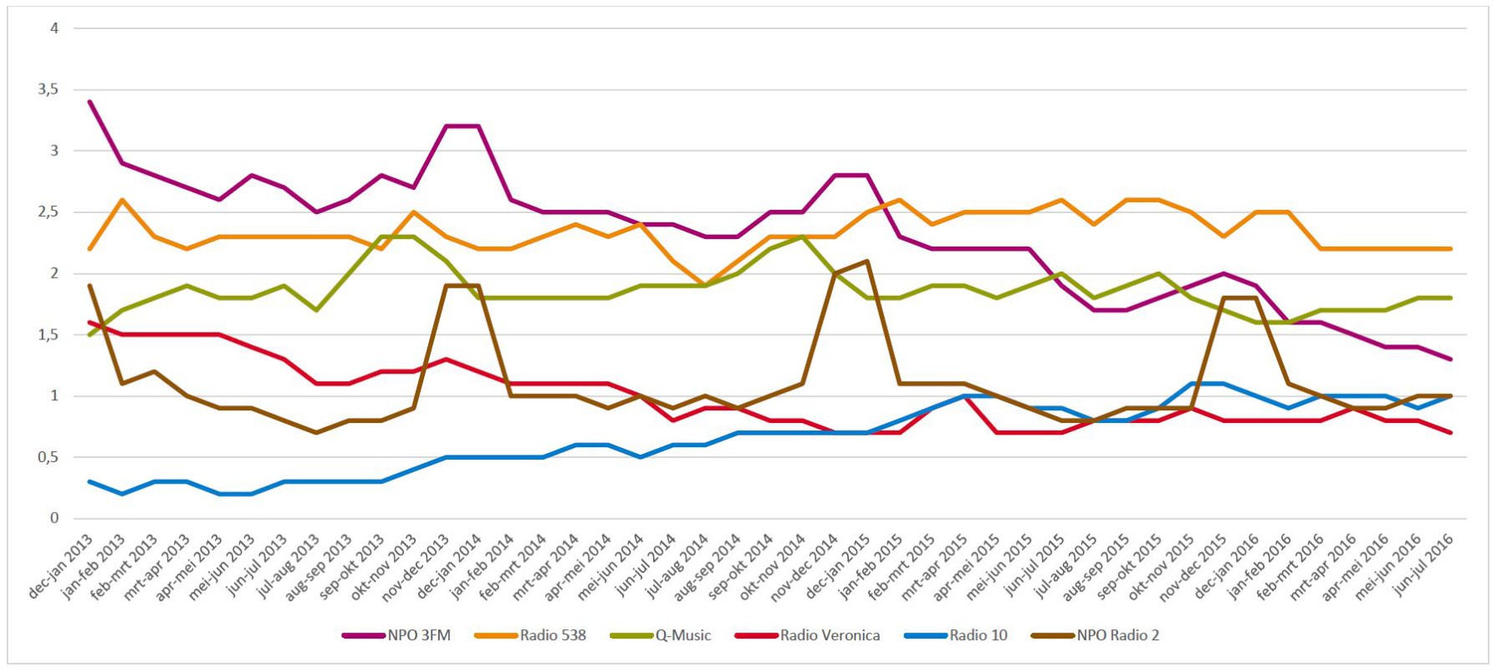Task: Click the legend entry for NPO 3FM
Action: pos(418,635)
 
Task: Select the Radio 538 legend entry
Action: pos(552,635)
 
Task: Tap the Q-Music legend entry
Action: pos(682,635)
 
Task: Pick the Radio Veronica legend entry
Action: pos(829,635)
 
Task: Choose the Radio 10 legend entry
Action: pos(978,635)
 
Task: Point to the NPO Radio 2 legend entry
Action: pos(1117,635)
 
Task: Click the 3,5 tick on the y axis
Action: pos(49,89)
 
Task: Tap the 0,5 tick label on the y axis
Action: pos(49,457)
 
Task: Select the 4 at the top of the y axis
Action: pos(54,28)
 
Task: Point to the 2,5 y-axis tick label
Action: pos(49,212)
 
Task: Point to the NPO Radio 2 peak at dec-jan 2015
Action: pos(867,261)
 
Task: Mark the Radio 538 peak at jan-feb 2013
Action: pos(122,200)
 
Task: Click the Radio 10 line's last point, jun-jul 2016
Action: pos(1450,396)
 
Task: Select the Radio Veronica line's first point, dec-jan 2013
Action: pos(89,323)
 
